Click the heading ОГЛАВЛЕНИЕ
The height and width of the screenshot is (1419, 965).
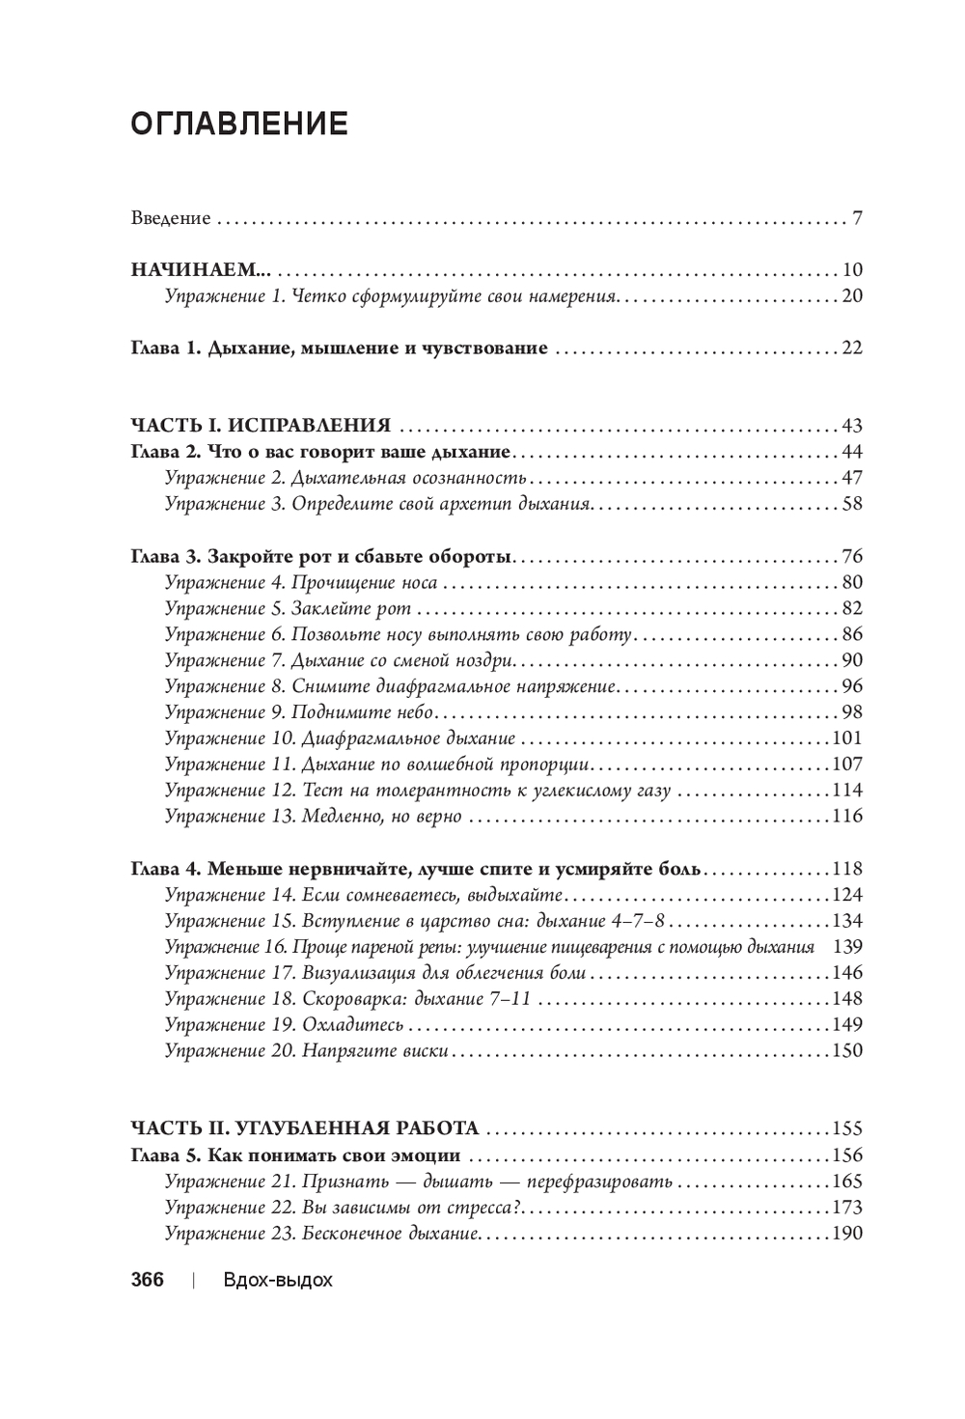click(238, 125)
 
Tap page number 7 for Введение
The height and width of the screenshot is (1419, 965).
click(857, 217)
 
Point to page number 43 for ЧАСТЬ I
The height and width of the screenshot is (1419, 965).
click(851, 426)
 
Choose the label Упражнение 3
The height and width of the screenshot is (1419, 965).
click(223, 504)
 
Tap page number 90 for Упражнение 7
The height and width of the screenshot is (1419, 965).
click(851, 660)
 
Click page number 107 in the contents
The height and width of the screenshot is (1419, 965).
click(846, 765)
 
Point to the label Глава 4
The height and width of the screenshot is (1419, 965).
click(164, 868)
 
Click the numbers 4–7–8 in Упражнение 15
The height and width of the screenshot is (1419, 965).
click(643, 921)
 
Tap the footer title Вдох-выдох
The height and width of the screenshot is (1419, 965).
click(277, 1281)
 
